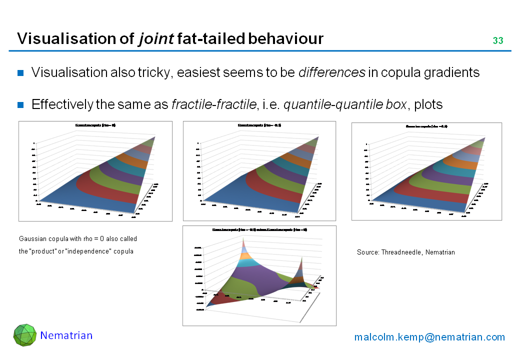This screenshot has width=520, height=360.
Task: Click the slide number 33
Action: (497, 40)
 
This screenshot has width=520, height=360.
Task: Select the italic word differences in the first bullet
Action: (331, 72)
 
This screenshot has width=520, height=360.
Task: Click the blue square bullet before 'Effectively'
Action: (21, 104)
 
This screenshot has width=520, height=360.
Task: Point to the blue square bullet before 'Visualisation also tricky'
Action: (21, 73)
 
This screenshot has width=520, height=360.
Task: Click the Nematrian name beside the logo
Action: (66, 335)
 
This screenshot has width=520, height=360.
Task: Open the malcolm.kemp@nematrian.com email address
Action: (429, 337)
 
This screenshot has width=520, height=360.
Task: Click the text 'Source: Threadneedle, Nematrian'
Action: (405, 252)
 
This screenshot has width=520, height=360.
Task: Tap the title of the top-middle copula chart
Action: (259, 125)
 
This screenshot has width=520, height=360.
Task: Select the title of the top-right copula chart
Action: (426, 126)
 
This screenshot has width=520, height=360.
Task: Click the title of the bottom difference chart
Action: (259, 229)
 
